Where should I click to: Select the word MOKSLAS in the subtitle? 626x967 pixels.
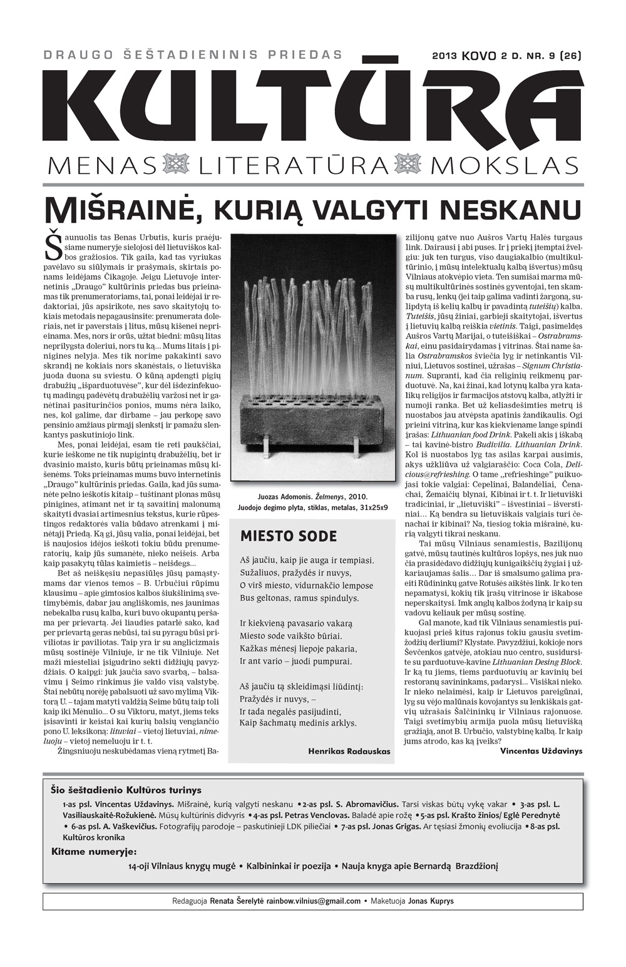[x=504, y=166]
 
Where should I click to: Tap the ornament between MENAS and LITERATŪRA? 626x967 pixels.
[x=176, y=166]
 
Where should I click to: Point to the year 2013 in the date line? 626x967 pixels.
[x=444, y=56]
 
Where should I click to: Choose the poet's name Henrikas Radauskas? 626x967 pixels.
[x=349, y=751]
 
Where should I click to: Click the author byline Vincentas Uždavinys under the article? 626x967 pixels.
[x=541, y=750]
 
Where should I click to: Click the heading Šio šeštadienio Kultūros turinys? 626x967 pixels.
[x=126, y=790]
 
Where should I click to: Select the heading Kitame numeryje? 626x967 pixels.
[x=94, y=851]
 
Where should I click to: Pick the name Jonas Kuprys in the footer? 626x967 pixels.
[x=431, y=901]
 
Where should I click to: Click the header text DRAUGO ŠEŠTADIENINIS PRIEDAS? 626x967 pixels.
[x=193, y=55]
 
